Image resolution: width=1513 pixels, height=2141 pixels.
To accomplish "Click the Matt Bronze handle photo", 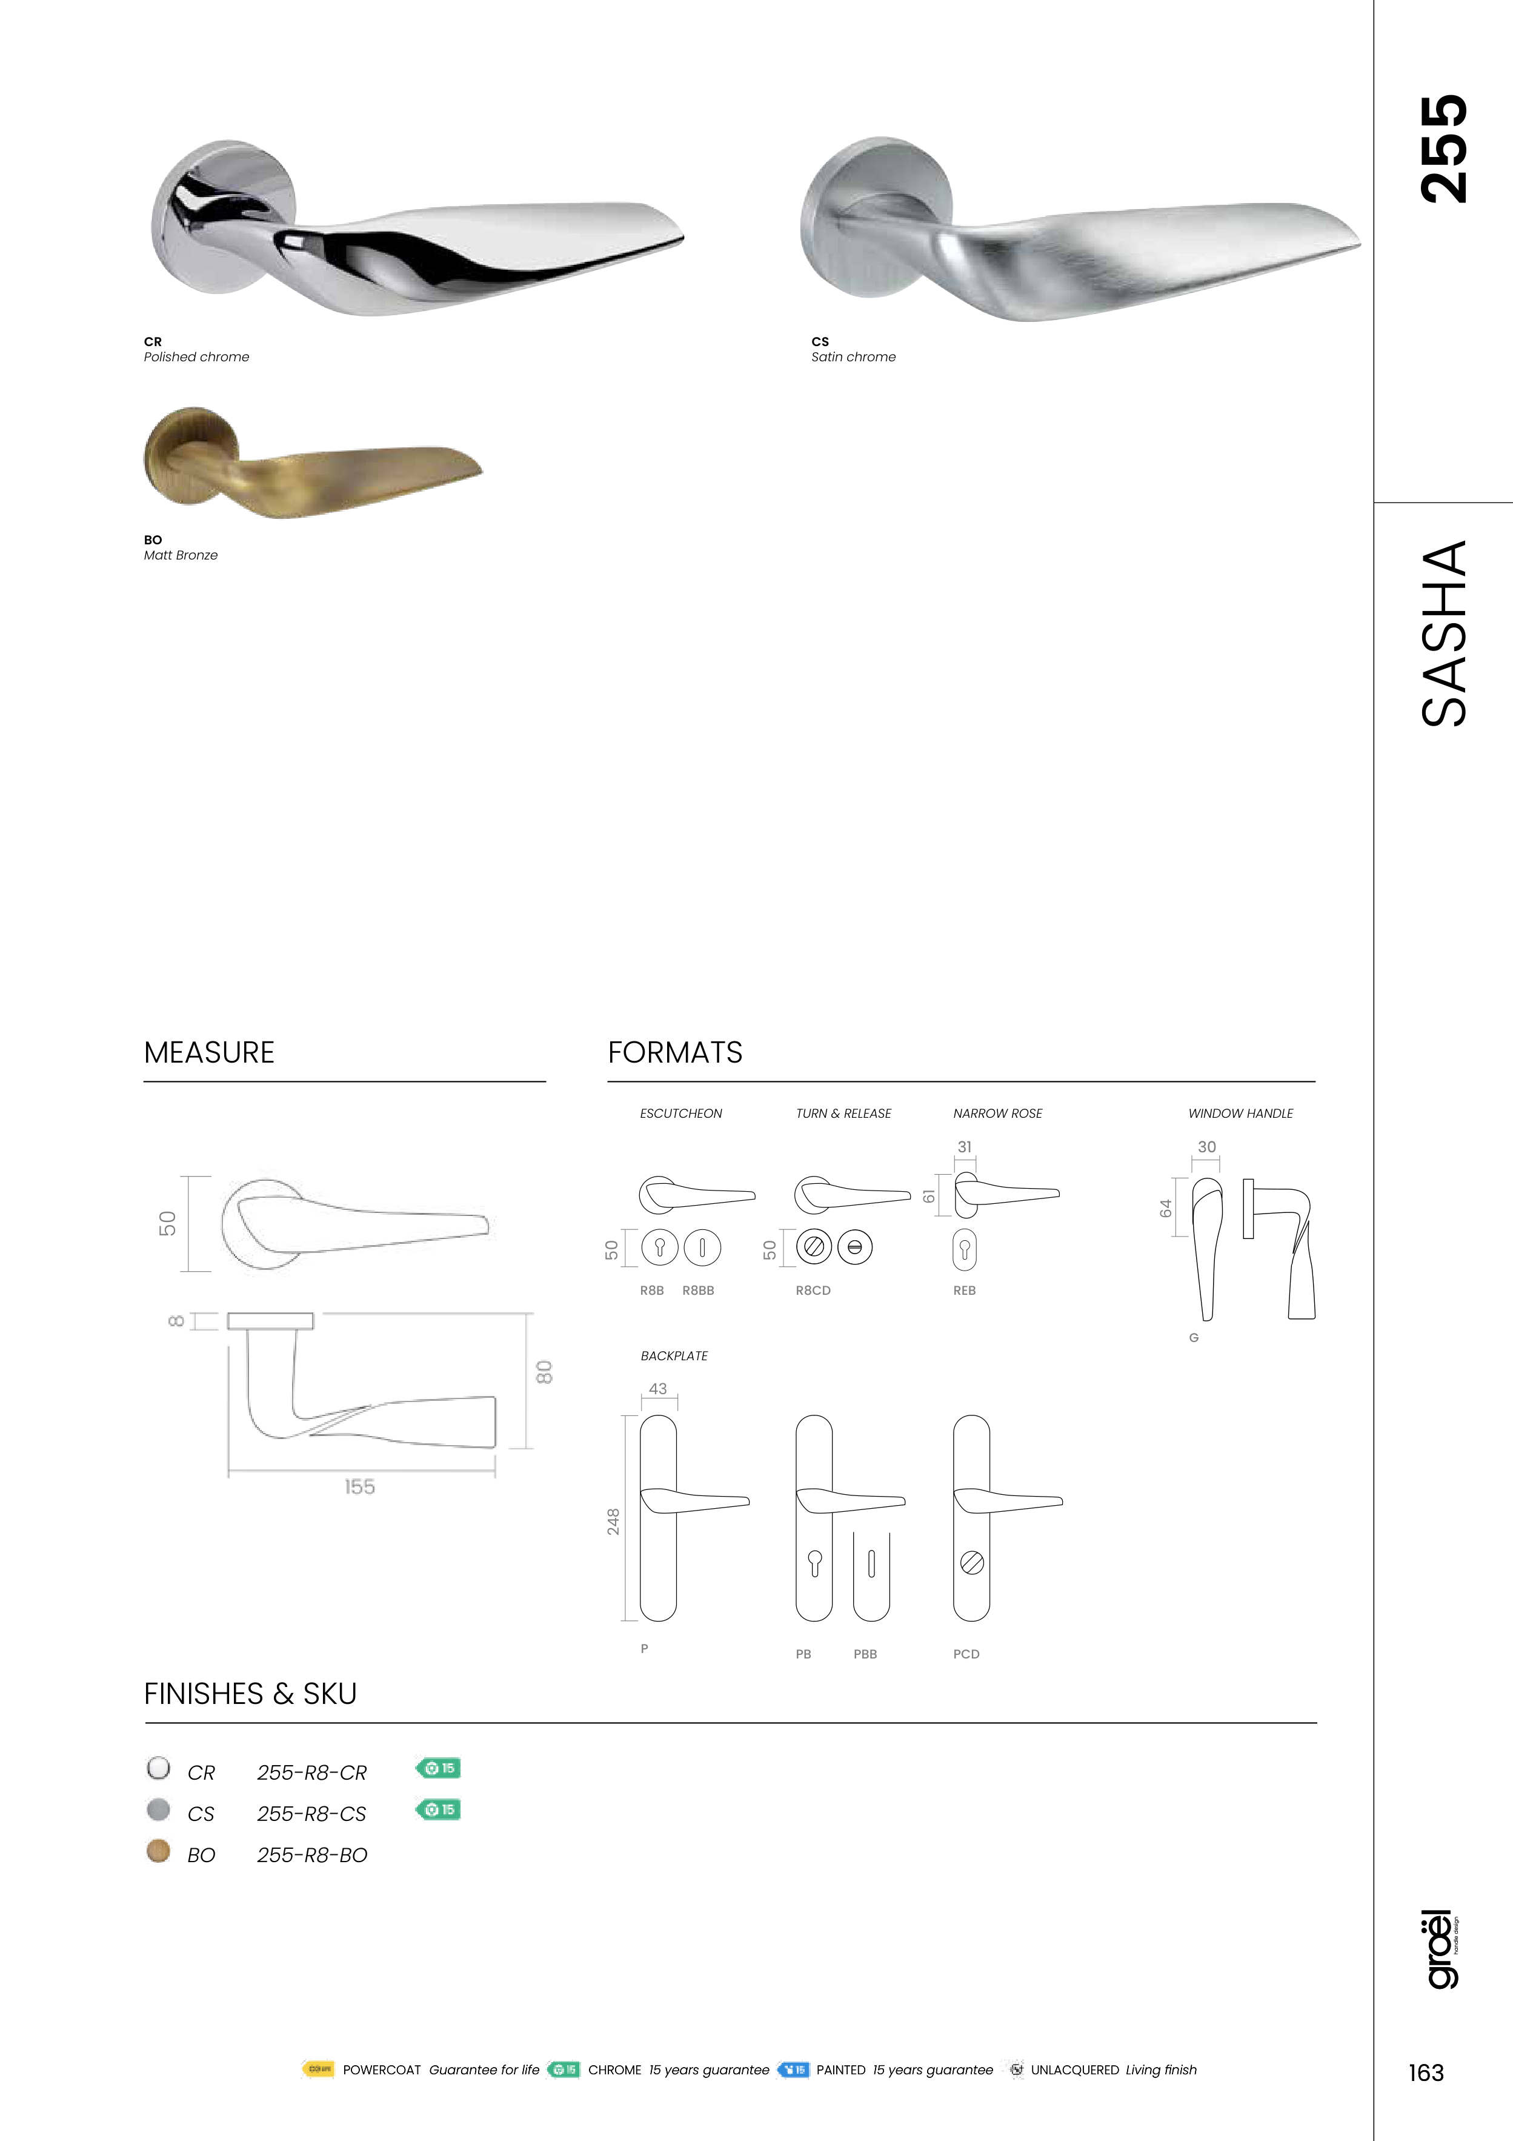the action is pos(313,463).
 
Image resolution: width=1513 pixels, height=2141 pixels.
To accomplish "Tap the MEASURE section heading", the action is pos(209,1053).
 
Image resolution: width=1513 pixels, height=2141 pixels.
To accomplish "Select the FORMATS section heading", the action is pos(675,1053).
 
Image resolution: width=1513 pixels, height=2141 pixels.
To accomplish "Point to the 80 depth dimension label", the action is pos(544,1372).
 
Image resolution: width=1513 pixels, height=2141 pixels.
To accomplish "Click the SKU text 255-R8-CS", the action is pos(311,1814).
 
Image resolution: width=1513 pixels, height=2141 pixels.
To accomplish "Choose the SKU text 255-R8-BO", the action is pos(311,1855).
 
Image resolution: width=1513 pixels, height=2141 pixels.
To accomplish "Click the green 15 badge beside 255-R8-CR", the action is pos(437,1768).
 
